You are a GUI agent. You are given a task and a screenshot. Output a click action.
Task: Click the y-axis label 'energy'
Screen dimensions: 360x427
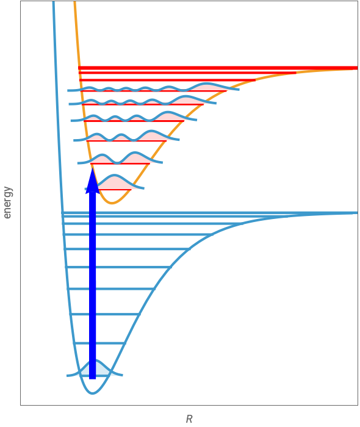click(x=7, y=203)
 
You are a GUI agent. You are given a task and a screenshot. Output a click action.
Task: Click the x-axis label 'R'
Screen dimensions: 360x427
click(x=189, y=419)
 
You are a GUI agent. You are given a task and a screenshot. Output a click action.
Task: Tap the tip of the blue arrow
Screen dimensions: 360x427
click(x=93, y=168)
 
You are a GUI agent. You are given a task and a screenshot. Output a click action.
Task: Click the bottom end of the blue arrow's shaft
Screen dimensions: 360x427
click(x=93, y=379)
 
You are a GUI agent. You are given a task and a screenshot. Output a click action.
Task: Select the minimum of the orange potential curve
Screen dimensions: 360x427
click(x=112, y=203)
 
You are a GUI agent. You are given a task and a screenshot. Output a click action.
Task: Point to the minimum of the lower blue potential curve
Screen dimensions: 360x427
click(x=93, y=393)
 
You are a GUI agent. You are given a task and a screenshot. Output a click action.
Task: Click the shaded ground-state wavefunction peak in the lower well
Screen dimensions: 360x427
click(x=96, y=368)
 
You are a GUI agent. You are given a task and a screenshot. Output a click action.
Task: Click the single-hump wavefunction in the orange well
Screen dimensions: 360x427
click(x=115, y=182)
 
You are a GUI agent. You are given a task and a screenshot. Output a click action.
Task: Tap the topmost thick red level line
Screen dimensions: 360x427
click(x=218, y=68)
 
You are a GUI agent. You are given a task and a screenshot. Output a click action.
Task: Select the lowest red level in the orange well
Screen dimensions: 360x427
click(x=114, y=190)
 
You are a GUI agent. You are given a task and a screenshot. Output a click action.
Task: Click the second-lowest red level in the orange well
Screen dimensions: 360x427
click(x=120, y=163)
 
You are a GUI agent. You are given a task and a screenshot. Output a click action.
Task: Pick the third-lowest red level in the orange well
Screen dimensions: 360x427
click(x=126, y=141)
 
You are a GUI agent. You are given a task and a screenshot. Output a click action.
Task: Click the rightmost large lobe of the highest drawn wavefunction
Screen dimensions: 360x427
click(x=207, y=87)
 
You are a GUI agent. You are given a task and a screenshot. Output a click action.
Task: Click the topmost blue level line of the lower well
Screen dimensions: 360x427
click(x=210, y=213)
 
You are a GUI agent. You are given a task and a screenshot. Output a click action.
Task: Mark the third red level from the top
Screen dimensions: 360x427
click(x=167, y=80)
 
